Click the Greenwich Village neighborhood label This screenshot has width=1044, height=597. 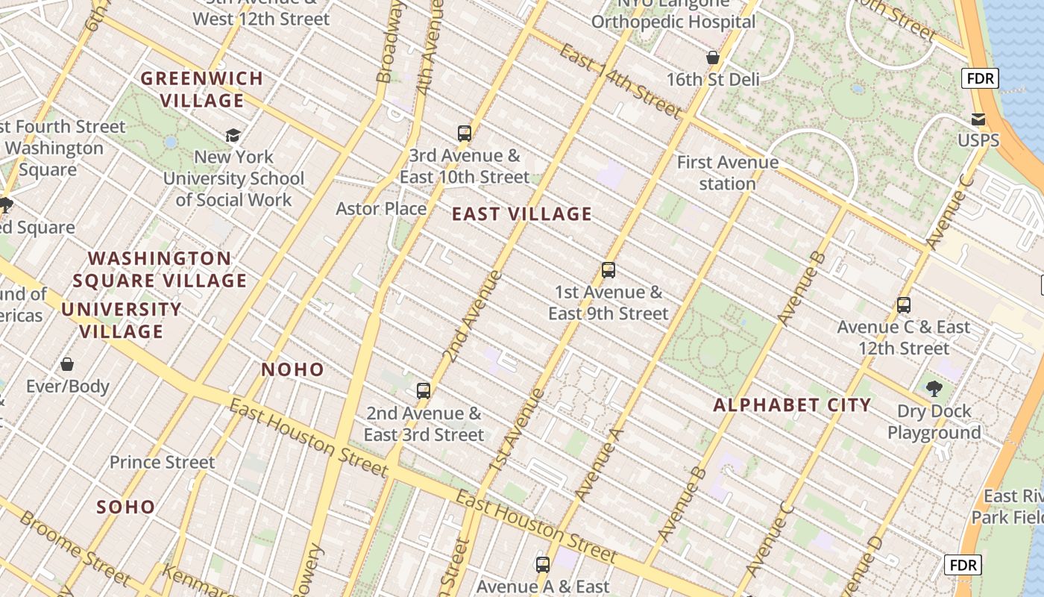202,89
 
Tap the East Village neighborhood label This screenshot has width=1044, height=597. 522,214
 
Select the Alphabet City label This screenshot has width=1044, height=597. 792,405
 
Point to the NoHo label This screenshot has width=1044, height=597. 293,369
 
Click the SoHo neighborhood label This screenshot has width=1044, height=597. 126,507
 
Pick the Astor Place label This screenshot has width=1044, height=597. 381,209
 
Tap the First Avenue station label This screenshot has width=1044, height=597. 727,172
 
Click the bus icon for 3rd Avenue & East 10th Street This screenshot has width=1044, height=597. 465,134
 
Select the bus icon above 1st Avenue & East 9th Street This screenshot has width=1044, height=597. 609,270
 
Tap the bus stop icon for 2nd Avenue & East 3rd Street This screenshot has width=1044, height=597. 424,391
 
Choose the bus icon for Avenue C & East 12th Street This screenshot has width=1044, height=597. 904,305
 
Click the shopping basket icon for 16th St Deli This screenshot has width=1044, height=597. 713,57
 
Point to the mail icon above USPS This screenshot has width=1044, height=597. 978,119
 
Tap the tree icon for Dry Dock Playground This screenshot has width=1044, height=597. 934,388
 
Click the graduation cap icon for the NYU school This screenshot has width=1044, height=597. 233,135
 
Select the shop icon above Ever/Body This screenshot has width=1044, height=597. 67,364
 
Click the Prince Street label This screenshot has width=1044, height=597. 162,463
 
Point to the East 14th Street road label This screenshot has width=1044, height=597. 620,81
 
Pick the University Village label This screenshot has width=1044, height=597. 122,320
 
